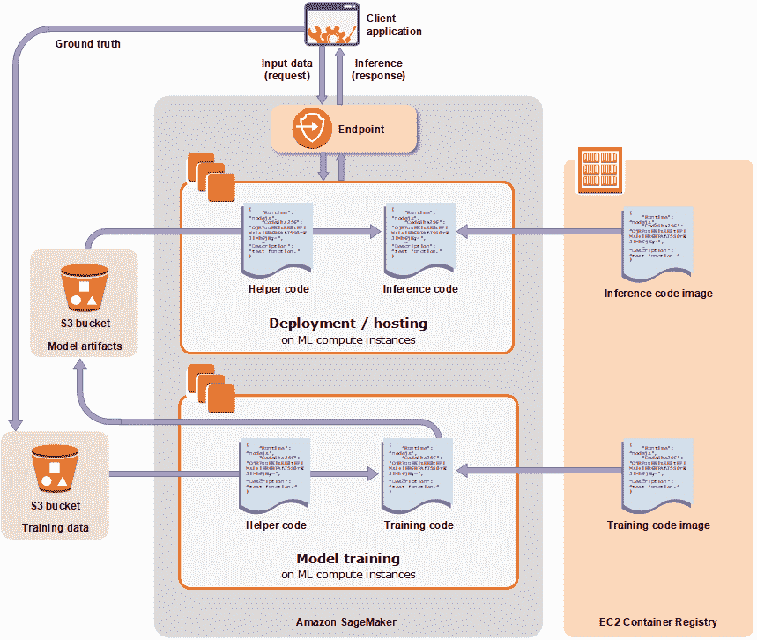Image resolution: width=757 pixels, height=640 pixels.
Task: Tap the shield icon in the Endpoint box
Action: (x=311, y=129)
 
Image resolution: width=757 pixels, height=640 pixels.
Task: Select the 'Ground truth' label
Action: (x=88, y=43)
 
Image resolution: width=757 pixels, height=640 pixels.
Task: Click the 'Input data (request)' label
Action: (x=287, y=70)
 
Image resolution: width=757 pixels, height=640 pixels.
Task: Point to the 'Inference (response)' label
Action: (x=379, y=70)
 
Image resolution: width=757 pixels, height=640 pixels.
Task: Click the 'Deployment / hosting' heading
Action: (x=348, y=323)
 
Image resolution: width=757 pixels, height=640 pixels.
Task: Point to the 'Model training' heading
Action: (x=348, y=558)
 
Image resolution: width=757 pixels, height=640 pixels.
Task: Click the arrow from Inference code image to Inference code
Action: (x=538, y=231)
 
